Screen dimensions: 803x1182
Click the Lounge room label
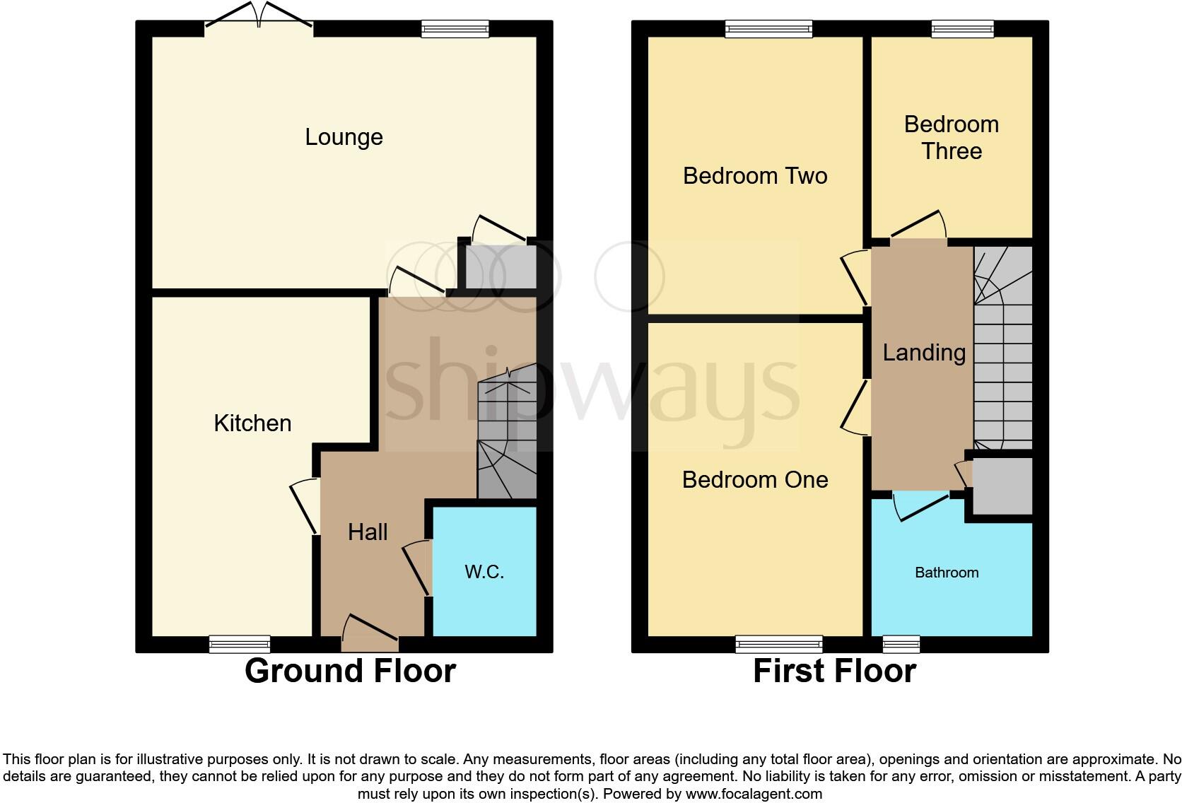click(x=344, y=137)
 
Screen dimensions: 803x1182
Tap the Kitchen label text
click(x=252, y=423)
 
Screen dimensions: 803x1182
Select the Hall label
click(x=368, y=532)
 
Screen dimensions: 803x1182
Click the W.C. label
click(x=484, y=572)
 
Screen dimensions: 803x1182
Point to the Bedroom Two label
click(x=755, y=176)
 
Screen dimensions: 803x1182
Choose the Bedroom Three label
click(x=952, y=138)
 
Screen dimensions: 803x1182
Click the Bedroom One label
click(x=755, y=480)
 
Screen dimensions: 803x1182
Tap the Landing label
click(x=924, y=353)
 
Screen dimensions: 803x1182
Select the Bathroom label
click(x=947, y=573)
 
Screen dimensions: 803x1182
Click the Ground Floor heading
click(x=350, y=671)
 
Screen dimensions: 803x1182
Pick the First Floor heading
click(x=834, y=671)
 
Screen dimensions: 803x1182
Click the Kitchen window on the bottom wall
click(x=240, y=644)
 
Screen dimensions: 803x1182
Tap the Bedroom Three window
click(x=962, y=28)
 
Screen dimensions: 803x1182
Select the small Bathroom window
click(x=901, y=644)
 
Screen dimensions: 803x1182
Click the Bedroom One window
click(x=779, y=644)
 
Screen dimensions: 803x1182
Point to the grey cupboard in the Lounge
click(x=497, y=267)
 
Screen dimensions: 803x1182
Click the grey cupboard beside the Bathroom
click(x=1002, y=486)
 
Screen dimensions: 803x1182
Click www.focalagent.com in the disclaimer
click(x=754, y=794)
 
